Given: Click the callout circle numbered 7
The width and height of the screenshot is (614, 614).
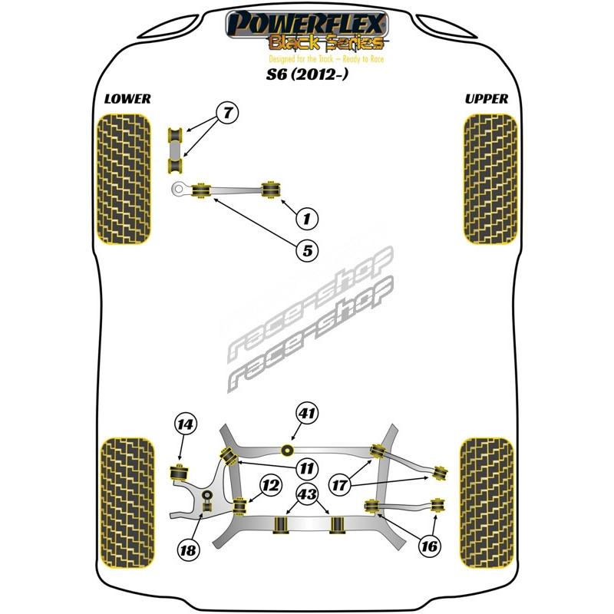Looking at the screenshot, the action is click(227, 113).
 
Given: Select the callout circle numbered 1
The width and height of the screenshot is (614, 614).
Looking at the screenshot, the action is click(306, 219).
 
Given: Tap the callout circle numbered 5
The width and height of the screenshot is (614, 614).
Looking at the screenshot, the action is click(307, 250).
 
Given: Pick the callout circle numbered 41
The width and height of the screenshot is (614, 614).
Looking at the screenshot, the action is click(307, 414).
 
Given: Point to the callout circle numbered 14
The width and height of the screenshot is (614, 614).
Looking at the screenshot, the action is click(186, 424).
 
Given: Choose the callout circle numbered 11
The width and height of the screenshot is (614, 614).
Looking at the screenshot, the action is click(306, 469).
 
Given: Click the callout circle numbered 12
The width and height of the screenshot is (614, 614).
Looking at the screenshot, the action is click(270, 486).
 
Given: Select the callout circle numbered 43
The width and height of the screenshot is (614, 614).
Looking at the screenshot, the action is click(307, 494).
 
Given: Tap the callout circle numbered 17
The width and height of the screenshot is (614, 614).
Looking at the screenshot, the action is click(339, 486).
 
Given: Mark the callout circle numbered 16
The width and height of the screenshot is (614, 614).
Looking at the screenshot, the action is click(429, 546).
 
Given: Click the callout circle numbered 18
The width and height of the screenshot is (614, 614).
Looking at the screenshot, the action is click(188, 550).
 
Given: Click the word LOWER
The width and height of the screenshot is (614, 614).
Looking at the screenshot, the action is click(127, 99).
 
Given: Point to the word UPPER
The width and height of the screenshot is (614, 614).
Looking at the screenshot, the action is click(487, 99).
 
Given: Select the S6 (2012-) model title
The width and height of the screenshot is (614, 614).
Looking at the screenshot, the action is click(306, 74).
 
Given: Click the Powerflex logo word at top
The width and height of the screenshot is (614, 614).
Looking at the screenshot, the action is click(307, 24).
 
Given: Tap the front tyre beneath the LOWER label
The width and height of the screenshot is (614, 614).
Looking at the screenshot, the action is click(124, 179).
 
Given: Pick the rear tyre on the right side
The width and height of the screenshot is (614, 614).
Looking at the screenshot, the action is click(487, 503).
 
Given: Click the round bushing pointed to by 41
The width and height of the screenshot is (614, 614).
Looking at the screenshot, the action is click(288, 451).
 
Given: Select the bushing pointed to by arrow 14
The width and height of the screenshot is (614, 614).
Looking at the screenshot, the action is click(179, 472).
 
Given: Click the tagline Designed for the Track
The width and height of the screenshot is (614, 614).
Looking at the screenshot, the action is click(326, 59).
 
